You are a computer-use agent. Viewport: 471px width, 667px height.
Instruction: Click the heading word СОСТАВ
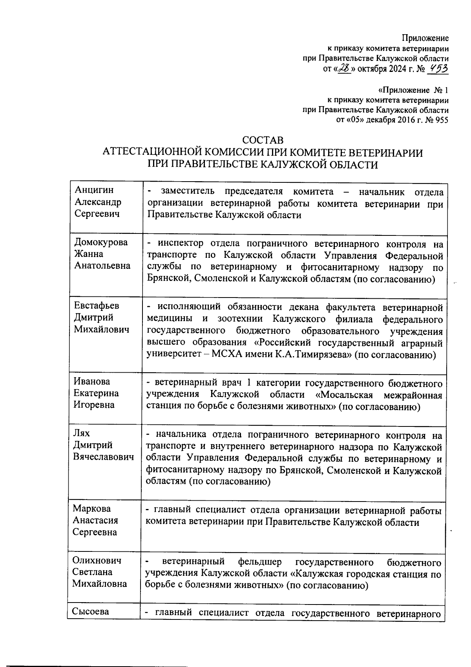(x=263, y=140)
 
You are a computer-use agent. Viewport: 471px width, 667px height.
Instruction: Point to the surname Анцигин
(x=94, y=190)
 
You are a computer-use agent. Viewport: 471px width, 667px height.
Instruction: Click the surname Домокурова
(x=101, y=242)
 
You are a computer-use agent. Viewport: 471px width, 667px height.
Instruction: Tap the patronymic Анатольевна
(x=102, y=266)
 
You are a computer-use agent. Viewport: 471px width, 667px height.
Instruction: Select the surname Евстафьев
(x=96, y=305)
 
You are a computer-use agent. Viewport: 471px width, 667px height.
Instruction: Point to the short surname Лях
(x=81, y=433)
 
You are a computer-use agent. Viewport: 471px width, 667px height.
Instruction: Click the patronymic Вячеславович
(x=103, y=457)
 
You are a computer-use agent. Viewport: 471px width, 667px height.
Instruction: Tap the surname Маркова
(x=91, y=508)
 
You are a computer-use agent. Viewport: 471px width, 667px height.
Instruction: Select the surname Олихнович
(x=97, y=560)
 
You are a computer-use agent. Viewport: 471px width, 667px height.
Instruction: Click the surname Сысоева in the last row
(x=90, y=612)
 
